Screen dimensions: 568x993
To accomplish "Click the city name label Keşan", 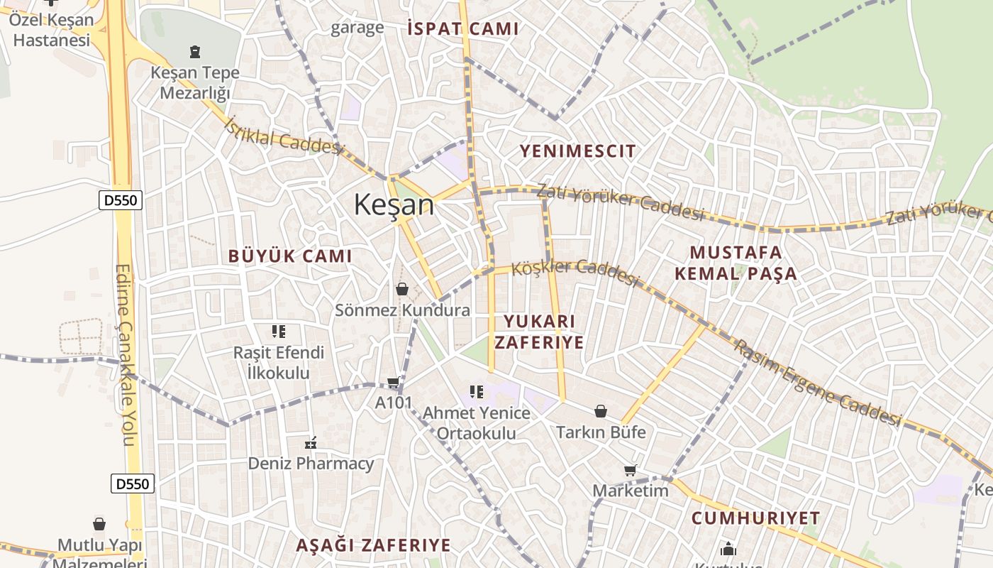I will (394, 205).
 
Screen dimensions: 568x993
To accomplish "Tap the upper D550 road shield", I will (121, 200).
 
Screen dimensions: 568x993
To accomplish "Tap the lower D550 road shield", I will (133, 484).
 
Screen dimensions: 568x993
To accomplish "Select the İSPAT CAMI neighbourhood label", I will (463, 29).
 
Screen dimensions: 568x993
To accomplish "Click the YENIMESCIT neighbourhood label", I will (577, 151).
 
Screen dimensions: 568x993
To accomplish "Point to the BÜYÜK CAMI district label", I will (289, 256).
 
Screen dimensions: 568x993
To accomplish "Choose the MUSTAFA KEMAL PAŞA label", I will (736, 263).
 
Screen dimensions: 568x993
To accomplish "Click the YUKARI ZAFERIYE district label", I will (539, 332).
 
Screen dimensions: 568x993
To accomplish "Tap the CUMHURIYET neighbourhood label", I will (755, 518).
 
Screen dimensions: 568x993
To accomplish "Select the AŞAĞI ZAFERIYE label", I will (373, 545).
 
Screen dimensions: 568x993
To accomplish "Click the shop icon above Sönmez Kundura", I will (402, 289).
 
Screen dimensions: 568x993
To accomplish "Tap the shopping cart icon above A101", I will (393, 383).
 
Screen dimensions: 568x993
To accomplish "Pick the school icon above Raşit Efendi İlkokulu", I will (279, 331).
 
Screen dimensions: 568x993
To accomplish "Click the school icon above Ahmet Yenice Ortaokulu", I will (477, 391).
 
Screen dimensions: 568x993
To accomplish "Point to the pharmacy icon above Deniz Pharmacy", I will (310, 443).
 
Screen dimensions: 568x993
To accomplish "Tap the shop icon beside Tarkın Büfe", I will (600, 411).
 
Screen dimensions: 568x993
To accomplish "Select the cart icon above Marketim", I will (630, 469).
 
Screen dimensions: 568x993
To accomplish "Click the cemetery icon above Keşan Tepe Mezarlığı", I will (195, 51).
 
